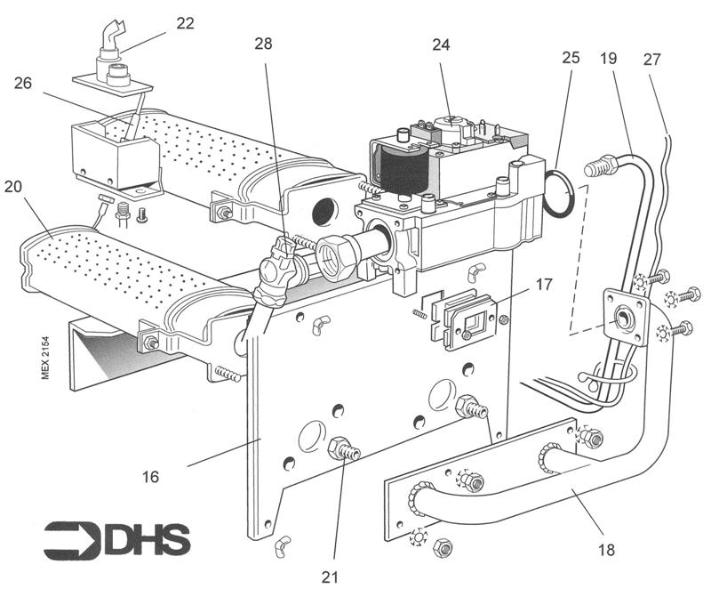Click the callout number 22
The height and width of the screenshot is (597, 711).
(185, 23)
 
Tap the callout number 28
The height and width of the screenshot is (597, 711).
(265, 44)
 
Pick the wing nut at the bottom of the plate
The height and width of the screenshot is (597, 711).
(284, 543)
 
